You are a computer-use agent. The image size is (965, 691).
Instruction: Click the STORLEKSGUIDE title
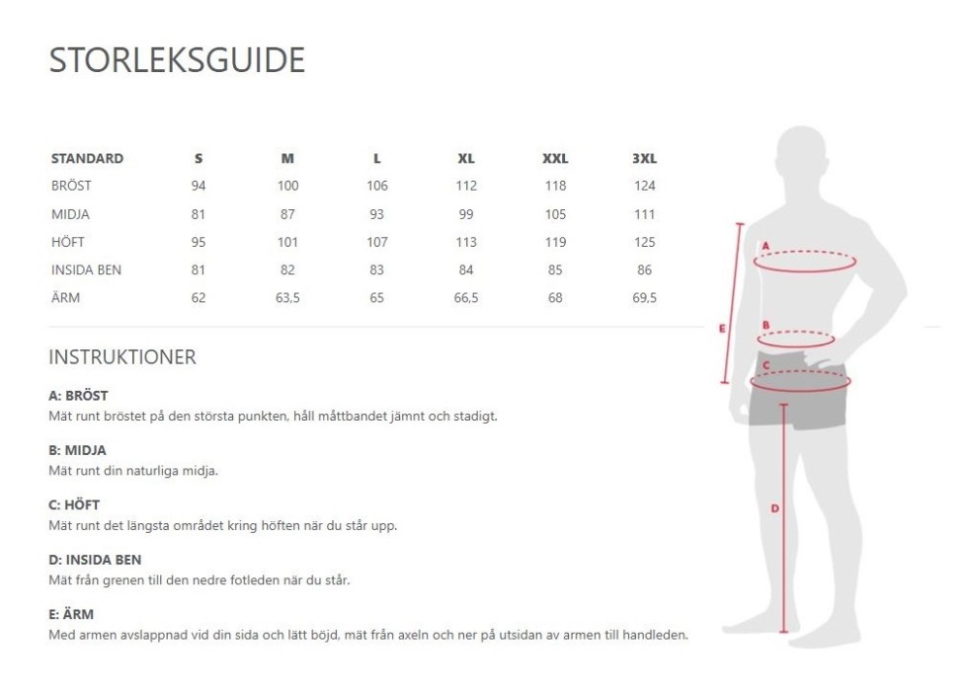[x=177, y=59]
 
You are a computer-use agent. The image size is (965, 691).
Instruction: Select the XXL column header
[x=555, y=158]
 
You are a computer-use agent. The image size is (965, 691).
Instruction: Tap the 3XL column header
[x=644, y=158]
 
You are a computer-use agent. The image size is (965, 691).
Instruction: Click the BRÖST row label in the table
[x=71, y=186]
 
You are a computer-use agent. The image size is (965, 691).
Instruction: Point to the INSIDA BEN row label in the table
[x=86, y=269]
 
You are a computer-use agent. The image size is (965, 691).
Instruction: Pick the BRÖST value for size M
[x=287, y=186]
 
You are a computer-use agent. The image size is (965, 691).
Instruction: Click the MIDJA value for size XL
[x=466, y=214]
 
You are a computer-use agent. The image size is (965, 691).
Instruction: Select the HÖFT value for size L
[x=376, y=242]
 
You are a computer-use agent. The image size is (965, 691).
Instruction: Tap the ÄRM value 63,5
[x=287, y=298]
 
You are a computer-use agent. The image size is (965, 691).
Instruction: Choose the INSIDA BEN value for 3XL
[x=644, y=269]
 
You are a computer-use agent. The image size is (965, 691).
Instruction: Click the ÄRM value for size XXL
[x=555, y=298]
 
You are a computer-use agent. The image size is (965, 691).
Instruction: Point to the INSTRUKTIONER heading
[x=122, y=357]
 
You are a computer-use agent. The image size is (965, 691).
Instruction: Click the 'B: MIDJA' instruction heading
[x=78, y=450]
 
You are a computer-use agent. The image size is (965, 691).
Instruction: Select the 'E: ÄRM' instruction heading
[x=71, y=614]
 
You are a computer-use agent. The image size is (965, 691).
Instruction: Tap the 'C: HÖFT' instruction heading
[x=74, y=504]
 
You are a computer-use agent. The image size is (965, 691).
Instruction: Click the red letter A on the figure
[x=765, y=246]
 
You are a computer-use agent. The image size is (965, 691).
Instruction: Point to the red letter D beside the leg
[x=774, y=508]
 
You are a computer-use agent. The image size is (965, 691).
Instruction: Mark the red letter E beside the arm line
[x=723, y=329]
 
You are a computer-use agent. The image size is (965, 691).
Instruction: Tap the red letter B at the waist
[x=765, y=325]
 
